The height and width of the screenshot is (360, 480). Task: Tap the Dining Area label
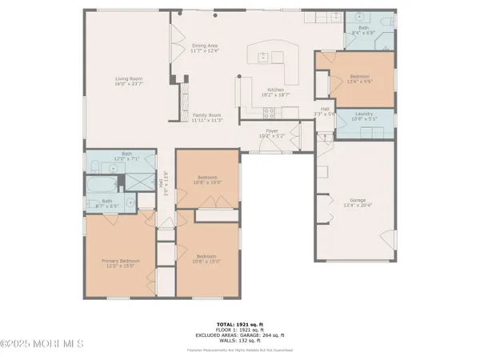(206, 50)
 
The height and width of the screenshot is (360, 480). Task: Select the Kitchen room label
(276, 92)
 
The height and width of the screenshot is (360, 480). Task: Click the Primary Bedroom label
(118, 263)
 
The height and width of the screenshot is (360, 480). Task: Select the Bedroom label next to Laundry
(357, 79)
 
